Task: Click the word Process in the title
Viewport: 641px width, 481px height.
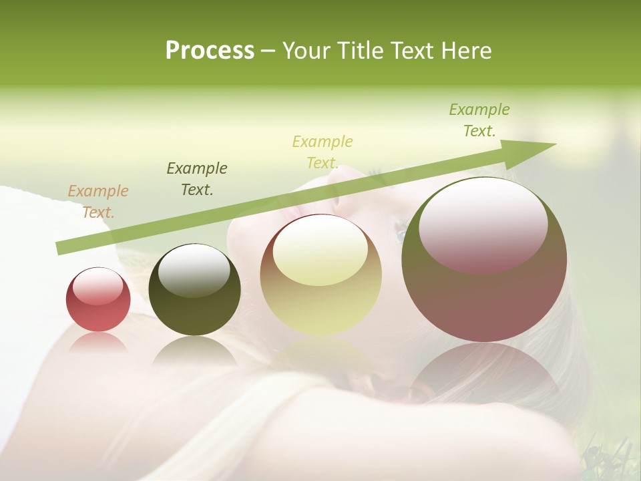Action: pyautogui.click(x=210, y=51)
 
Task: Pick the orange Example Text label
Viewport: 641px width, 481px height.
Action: pyautogui.click(x=98, y=202)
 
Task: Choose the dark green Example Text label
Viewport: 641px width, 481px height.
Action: pyautogui.click(x=197, y=178)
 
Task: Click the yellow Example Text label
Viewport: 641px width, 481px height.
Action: pyautogui.click(x=323, y=152)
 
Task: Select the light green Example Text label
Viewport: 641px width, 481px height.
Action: pyautogui.click(x=479, y=120)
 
